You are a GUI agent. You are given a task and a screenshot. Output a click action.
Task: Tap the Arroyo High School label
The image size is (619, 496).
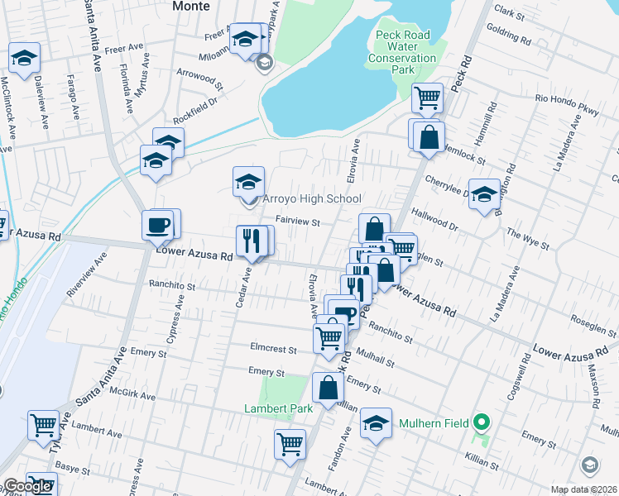[311, 199]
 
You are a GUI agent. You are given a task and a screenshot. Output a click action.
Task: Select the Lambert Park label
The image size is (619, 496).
[278, 408]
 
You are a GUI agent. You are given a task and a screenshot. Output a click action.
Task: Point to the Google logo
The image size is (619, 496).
[26, 487]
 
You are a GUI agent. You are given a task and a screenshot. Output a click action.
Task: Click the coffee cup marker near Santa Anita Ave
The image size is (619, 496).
[158, 225]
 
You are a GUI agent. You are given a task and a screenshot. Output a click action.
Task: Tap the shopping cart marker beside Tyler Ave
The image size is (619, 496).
[43, 426]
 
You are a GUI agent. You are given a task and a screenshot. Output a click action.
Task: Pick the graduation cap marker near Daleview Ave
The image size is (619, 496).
[25, 58]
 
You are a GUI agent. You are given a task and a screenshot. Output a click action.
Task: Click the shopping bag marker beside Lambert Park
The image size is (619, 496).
[329, 388]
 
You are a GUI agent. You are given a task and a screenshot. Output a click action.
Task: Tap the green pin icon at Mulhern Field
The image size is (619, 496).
[482, 423]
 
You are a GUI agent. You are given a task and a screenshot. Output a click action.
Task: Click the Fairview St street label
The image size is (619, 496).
[297, 221]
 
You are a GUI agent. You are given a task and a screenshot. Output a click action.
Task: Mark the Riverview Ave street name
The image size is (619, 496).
[87, 273]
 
